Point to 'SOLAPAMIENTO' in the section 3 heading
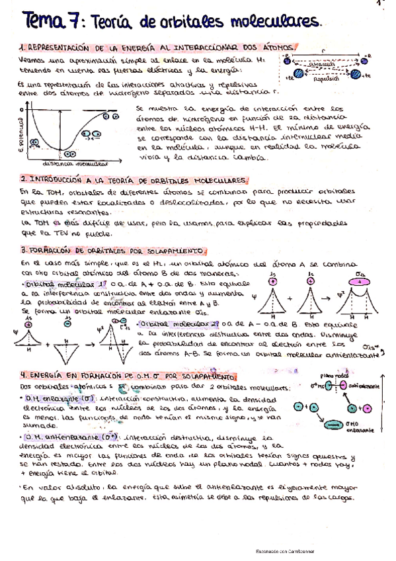click(178, 251)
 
